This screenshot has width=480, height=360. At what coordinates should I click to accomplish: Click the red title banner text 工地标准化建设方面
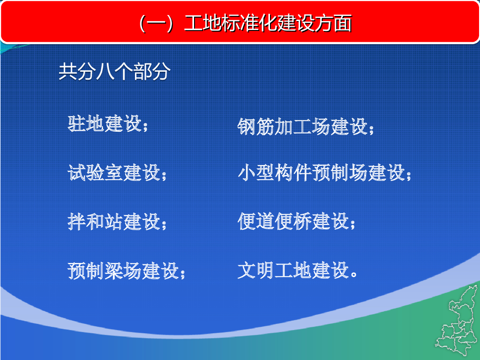pos(268,23)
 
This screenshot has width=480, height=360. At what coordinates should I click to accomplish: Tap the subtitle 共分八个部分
pos(114,72)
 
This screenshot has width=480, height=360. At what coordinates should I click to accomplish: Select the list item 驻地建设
pos(105,124)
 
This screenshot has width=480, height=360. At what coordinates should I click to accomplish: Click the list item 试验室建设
pos(114,172)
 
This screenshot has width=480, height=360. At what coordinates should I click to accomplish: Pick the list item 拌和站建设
pos(114,221)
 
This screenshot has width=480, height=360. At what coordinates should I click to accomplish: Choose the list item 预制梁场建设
pos(123,270)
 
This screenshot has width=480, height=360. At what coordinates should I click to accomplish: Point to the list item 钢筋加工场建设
pos(303,127)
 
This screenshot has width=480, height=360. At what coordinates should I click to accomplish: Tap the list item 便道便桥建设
pos(293,221)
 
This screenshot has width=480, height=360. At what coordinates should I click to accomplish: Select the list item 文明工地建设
pos(293,270)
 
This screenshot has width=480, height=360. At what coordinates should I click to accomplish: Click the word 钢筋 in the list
pos(256,127)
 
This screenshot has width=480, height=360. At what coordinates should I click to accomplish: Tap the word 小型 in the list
pos(256,172)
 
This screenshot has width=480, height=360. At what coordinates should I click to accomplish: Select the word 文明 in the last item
pos(256,270)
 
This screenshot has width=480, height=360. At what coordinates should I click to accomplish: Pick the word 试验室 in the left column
pos(96,172)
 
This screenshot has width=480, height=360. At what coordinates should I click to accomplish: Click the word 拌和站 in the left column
pos(96,221)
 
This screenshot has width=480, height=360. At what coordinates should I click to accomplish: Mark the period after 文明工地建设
pos(354,274)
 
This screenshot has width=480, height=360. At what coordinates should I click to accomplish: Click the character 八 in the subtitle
pos(105,72)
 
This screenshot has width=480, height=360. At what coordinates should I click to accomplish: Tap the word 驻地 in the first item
pos(86,124)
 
